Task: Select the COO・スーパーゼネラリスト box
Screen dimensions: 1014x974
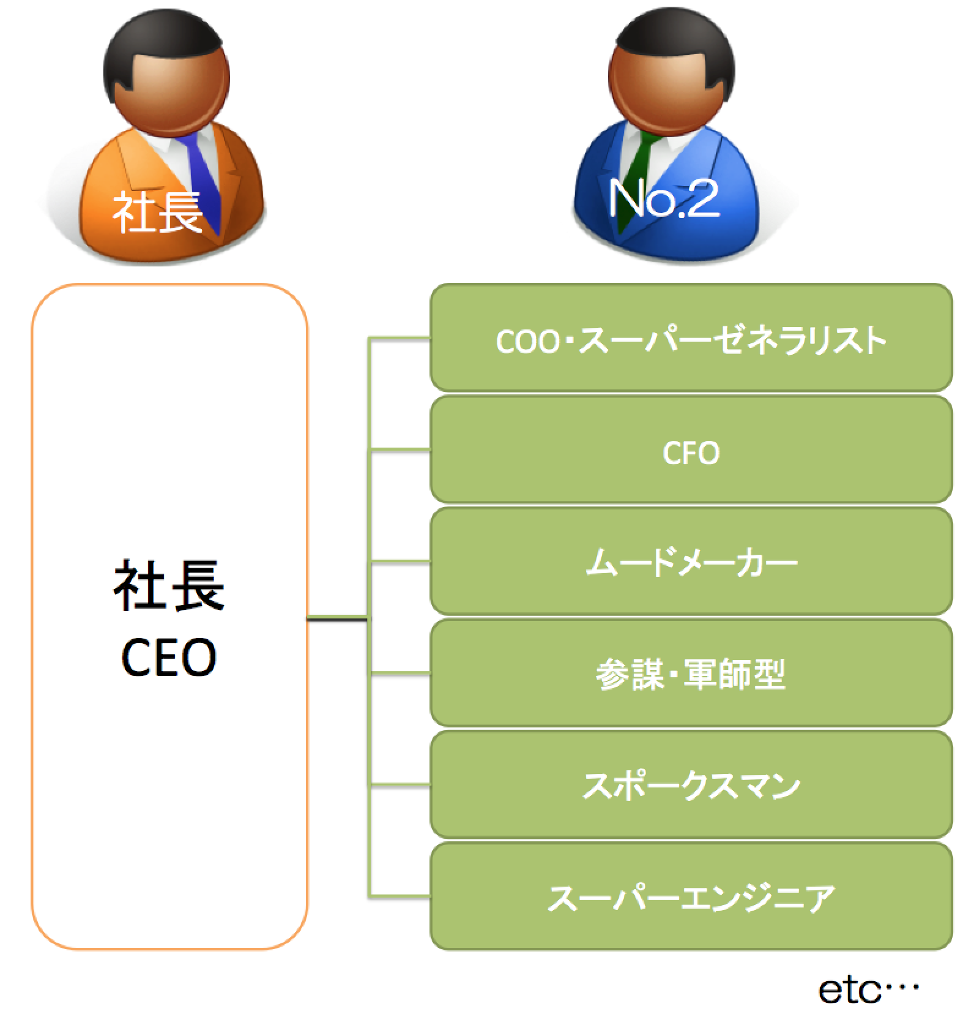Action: tap(691, 340)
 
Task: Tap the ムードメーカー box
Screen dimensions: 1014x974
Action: tap(691, 563)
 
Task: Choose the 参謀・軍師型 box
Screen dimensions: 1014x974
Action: tap(691, 674)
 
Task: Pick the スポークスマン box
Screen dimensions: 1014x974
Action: tap(691, 786)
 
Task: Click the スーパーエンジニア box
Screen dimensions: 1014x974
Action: tap(691, 898)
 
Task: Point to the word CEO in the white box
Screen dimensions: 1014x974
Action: tap(169, 658)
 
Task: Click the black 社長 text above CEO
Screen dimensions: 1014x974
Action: tap(169, 587)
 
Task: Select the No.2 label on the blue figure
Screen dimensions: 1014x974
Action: tap(664, 199)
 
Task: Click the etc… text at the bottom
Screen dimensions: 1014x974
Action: tap(868, 991)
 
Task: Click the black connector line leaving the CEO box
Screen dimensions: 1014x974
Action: tap(336, 620)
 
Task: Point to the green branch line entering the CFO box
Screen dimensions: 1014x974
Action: tap(400, 451)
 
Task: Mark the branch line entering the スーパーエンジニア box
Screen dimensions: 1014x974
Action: tap(400, 896)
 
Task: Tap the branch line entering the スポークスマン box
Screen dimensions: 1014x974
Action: tap(400, 784)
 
